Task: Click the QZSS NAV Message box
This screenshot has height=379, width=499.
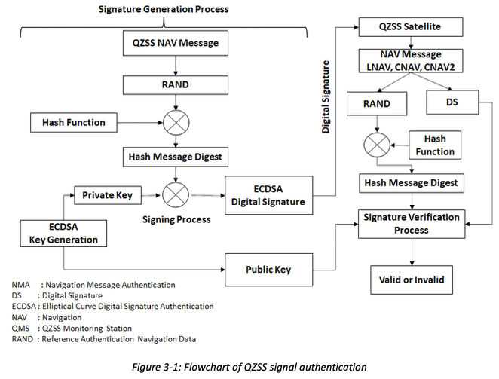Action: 176,43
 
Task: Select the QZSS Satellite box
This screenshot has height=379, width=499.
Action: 411,26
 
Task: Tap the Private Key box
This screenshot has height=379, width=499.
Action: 108,195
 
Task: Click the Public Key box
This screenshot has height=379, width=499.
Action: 268,270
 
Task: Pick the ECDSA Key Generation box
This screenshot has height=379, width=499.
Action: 63,234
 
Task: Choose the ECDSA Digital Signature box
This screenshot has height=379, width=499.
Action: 268,195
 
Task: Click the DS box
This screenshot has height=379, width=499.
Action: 452,102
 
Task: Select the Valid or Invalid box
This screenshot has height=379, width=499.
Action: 412,280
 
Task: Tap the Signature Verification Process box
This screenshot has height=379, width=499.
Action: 412,224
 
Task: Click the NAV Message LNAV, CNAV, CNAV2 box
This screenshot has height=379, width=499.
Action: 411,61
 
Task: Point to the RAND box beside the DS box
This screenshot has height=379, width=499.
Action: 377,103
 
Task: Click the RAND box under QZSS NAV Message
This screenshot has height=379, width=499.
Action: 176,84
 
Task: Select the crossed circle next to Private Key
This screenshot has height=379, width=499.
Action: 176,194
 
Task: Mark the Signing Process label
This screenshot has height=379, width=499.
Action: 176,219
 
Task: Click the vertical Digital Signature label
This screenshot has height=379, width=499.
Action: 325,96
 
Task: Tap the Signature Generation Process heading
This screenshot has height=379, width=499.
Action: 164,9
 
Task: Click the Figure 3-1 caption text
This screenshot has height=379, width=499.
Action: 249,367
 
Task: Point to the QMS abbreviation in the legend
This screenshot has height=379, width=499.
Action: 20,328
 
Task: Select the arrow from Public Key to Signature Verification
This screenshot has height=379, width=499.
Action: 335,247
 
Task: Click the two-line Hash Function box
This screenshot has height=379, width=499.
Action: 435,145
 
